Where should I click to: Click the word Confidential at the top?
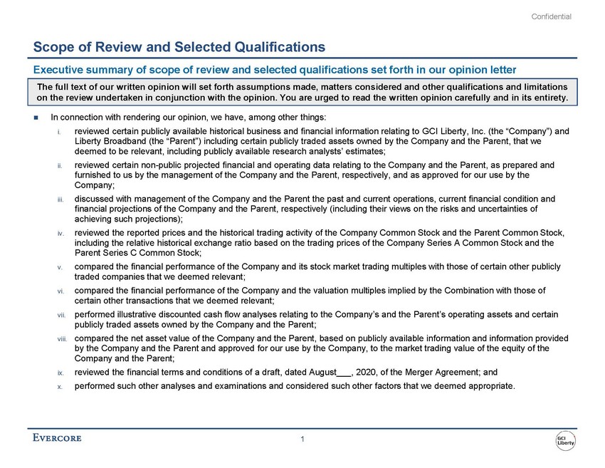coord(552,16)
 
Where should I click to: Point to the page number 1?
coord(302,439)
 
